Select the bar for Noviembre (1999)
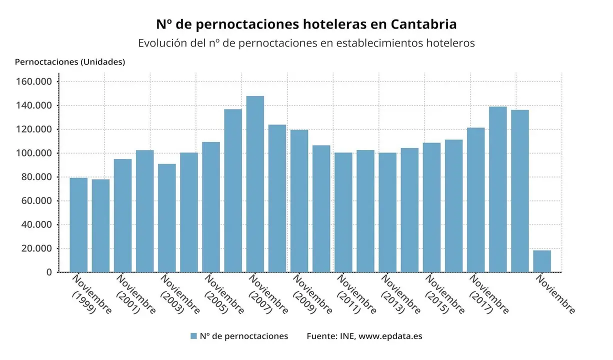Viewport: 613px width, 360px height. (78, 225)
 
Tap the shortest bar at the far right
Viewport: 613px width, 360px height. (542, 261)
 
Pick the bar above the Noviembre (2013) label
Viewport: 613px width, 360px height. (387, 212)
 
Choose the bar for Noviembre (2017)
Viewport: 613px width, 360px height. (475, 200)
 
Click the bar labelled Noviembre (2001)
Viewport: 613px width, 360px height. (122, 215)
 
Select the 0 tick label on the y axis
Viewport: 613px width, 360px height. (49, 272)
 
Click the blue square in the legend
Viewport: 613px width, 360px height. (194, 336)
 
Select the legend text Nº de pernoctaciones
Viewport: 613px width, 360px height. (244, 336)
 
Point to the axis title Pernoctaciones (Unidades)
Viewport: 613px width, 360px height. (70, 62)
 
